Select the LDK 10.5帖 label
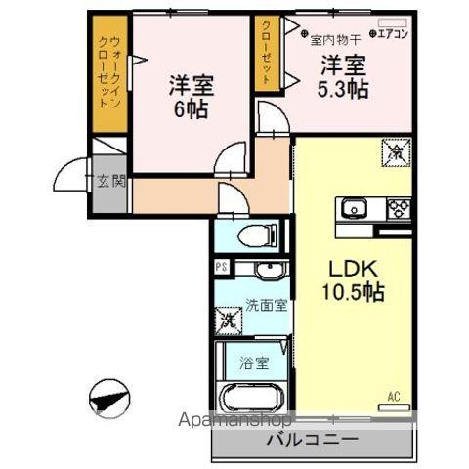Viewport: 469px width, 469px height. coord(353,278)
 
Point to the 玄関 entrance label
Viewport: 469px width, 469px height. coord(111,180)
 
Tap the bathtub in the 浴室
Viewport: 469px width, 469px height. coord(250,396)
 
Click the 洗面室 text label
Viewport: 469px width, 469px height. coord(266,304)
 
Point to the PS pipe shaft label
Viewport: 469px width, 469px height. coord(221,266)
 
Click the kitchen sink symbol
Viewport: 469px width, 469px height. coord(353,207)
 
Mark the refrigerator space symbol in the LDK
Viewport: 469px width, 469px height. coord(395,152)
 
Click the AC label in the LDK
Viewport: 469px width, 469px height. coord(395,396)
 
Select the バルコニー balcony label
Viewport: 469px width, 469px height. coord(312,440)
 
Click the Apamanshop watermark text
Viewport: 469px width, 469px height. coord(234,421)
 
